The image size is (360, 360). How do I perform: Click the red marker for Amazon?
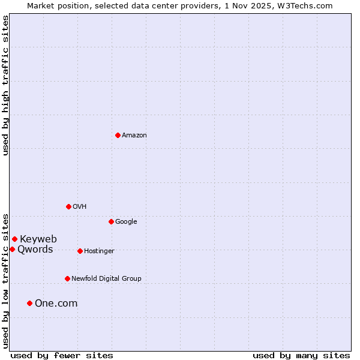point(118,135)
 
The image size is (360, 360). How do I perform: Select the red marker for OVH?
point(68,206)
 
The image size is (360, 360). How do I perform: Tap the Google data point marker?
point(111,221)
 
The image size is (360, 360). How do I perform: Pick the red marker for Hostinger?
point(80,251)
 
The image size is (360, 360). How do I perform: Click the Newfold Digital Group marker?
point(67,278)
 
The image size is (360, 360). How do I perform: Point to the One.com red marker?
point(29,303)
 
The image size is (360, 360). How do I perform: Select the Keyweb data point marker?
point(14,239)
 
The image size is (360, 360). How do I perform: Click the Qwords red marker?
point(12,249)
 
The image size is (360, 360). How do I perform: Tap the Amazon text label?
point(134,136)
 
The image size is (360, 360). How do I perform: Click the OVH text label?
point(80,207)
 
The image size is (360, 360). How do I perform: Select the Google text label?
point(126,222)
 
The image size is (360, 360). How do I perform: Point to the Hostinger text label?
point(99,251)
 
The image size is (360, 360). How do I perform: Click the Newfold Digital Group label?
point(106,279)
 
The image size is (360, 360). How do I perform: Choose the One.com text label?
point(56,304)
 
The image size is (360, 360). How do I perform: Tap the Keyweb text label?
point(38,239)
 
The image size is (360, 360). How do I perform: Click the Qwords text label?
point(35,250)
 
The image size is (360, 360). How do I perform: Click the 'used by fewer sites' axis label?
point(62,355)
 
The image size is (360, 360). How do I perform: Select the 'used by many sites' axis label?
point(301,355)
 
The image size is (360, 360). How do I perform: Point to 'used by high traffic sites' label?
point(5,85)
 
